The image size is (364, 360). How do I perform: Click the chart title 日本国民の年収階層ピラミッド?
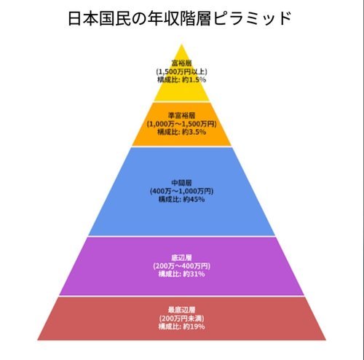(179, 18)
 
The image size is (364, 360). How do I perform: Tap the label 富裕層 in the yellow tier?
(181, 63)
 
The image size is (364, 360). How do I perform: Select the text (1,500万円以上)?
(181, 71)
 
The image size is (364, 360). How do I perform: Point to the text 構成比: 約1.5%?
(181, 79)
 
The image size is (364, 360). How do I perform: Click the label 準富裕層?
(181, 115)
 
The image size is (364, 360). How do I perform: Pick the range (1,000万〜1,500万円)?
(181, 124)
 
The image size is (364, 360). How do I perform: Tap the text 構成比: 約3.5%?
(181, 132)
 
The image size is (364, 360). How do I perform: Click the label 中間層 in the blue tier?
(181, 183)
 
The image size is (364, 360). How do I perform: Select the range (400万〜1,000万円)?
(181, 191)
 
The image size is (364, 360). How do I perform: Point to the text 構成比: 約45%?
(181, 199)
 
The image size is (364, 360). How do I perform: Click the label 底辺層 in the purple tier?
(181, 257)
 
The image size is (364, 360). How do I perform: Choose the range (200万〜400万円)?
(181, 266)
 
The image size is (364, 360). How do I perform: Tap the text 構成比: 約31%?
(181, 274)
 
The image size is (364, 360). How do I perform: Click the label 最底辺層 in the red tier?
(181, 310)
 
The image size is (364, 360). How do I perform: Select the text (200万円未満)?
(181, 318)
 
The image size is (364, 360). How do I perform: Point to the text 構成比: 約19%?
(181, 326)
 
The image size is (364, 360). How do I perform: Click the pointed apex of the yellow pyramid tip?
(181, 44)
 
